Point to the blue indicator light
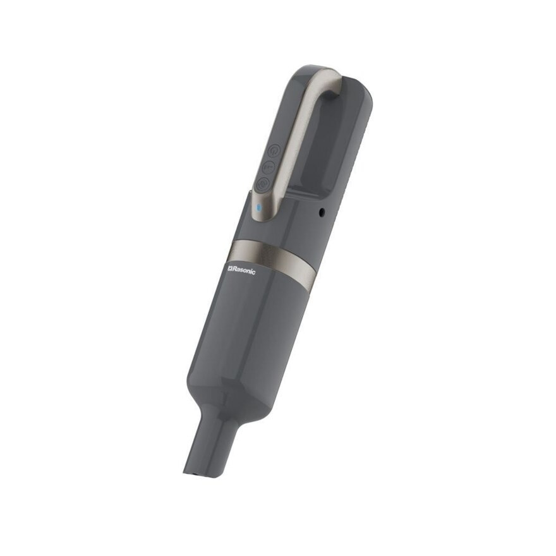pyautogui.click(x=259, y=207)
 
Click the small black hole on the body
pyautogui.click(x=322, y=212)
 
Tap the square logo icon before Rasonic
pyautogui.click(x=229, y=269)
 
